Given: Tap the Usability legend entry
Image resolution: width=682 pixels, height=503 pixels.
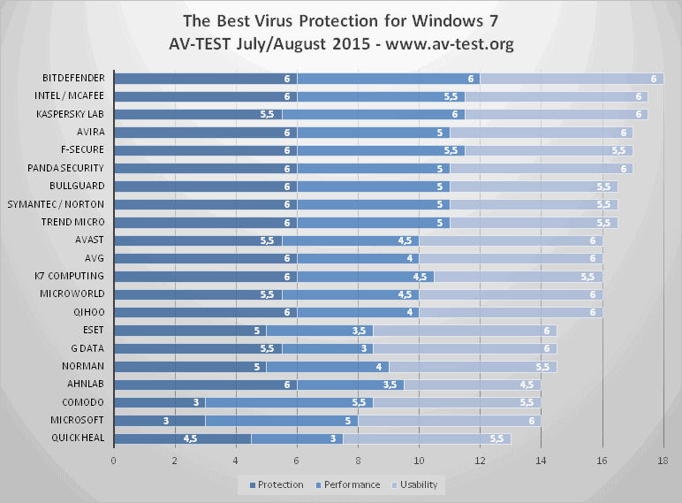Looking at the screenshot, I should tap(420, 484).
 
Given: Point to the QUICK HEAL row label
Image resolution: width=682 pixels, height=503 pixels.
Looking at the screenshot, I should tap(80, 438).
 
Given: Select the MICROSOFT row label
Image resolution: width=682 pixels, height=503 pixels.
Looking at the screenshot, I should tap(80, 420).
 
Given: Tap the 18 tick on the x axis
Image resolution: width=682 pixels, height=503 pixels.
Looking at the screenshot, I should tap(663, 461).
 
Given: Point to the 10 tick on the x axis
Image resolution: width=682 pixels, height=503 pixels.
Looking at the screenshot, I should tap(419, 461).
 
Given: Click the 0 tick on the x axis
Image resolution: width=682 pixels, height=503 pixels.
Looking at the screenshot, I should tap(113, 461).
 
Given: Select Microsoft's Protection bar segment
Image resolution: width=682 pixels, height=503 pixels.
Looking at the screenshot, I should tap(159, 420).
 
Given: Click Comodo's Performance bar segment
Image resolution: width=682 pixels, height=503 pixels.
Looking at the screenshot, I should tap(289, 402).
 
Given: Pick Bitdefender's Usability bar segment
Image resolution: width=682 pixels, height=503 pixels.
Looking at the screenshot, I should tap(571, 78).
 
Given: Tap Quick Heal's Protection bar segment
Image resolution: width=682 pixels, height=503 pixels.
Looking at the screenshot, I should tap(182, 438).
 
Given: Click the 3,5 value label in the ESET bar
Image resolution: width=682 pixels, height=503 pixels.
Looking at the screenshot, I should tap(359, 330).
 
